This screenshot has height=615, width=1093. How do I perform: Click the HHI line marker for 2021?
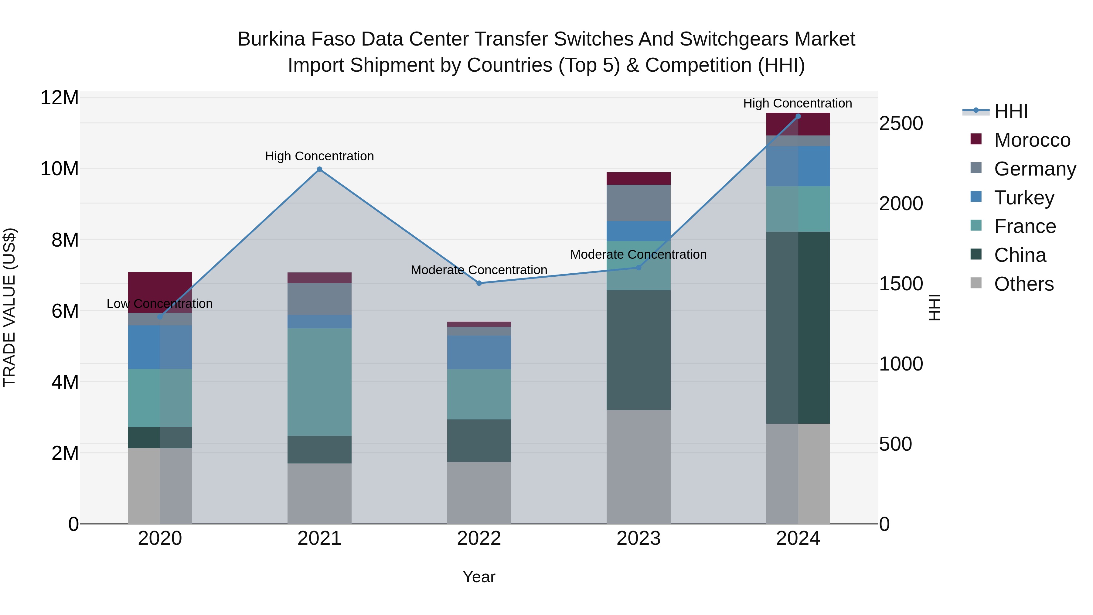[319, 169]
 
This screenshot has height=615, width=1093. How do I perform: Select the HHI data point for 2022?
[479, 283]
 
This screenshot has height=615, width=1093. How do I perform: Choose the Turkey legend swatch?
[976, 197]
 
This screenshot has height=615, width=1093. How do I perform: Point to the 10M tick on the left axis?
[60, 169]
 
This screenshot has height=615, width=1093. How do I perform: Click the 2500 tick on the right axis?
[901, 124]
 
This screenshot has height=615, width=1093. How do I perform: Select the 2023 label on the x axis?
[638, 538]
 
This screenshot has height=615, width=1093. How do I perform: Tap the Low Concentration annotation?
[159, 304]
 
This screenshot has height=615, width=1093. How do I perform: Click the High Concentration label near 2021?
[319, 156]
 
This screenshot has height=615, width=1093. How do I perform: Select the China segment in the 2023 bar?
[638, 350]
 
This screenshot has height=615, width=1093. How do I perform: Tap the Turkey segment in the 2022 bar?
[479, 352]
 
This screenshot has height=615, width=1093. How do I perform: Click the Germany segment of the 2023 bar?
[638, 203]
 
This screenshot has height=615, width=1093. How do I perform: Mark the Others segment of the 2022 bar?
[479, 492]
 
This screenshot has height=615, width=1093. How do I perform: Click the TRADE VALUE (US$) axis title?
[9, 307]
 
